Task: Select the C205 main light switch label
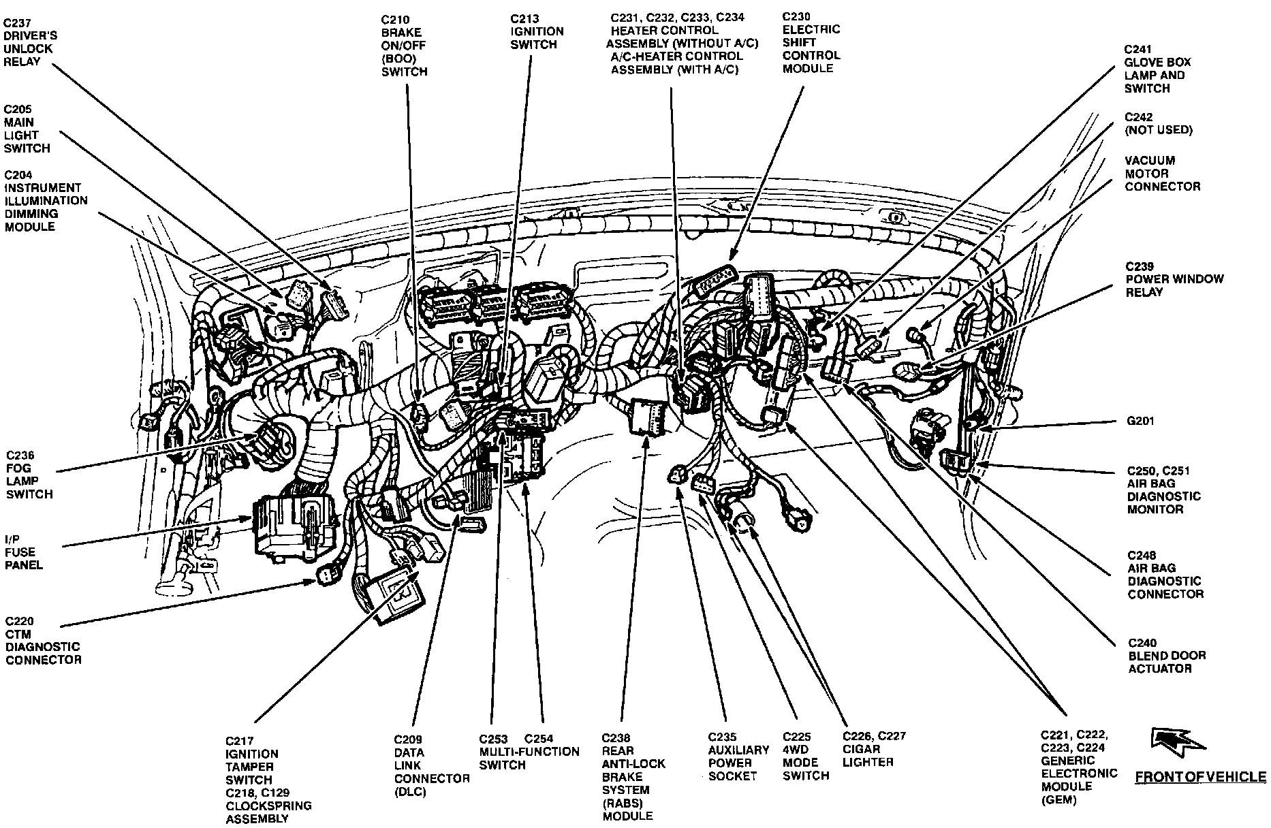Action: point(27,129)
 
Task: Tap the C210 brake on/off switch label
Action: point(405,46)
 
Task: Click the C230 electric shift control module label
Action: point(811,42)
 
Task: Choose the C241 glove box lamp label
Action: point(1155,69)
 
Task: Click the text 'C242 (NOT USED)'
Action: point(1158,123)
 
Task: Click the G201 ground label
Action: point(1140,421)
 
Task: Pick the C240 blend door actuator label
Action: point(1167,656)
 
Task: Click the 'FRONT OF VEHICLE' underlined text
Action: point(1200,777)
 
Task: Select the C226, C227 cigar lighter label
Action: point(874,749)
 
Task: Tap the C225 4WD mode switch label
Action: point(806,756)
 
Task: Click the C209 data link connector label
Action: point(431,765)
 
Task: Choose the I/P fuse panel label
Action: point(24,552)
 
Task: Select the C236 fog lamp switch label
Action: point(29,475)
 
